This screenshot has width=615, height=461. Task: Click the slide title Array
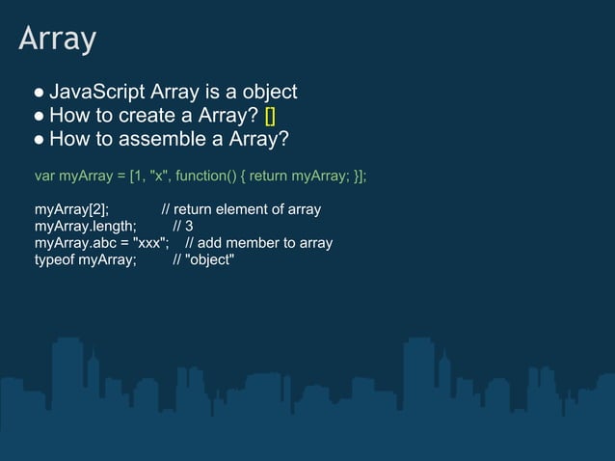point(58,40)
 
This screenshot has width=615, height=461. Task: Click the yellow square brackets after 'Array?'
point(270,117)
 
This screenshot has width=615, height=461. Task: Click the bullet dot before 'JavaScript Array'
point(40,94)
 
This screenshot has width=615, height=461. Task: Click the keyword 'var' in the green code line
point(44,177)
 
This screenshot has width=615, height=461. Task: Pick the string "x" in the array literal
point(156,177)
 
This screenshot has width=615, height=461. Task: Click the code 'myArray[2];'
point(71,209)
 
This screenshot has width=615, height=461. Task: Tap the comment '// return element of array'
point(241,209)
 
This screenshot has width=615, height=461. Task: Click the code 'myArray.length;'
point(85,226)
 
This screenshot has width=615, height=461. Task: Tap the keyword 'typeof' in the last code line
point(54,258)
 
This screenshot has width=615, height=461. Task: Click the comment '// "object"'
point(203,258)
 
